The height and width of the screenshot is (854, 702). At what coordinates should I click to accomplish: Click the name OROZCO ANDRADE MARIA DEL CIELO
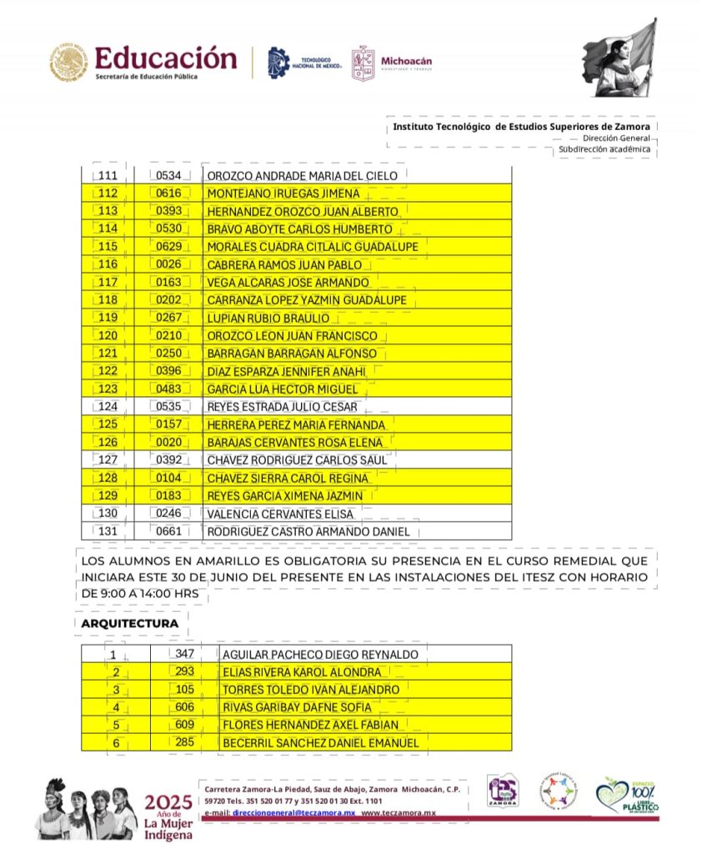coord(308,175)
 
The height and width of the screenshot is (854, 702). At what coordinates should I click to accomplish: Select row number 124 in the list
coord(108,407)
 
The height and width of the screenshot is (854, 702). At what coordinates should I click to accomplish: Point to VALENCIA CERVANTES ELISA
coord(280,514)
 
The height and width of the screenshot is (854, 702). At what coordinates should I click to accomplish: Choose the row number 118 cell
coord(108,300)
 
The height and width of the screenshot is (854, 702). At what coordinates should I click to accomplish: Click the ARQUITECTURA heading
coord(130,623)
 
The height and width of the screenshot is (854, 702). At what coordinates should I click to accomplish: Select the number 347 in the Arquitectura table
coord(184,654)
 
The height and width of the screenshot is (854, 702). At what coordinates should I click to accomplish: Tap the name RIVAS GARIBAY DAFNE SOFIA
coord(297,707)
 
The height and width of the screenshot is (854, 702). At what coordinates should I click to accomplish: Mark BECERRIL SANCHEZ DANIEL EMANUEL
coord(320,742)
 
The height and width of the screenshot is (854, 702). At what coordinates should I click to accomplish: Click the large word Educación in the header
coord(166,58)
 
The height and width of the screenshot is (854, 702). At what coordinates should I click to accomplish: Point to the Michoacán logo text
coord(406,61)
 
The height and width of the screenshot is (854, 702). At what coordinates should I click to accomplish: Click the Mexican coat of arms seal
coord(68,63)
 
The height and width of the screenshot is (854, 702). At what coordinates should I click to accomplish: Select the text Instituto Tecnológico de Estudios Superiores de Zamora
coord(521,127)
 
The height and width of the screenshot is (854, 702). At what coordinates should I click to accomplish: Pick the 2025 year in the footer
coord(168,803)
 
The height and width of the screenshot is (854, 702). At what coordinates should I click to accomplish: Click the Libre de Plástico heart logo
coord(627,796)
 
